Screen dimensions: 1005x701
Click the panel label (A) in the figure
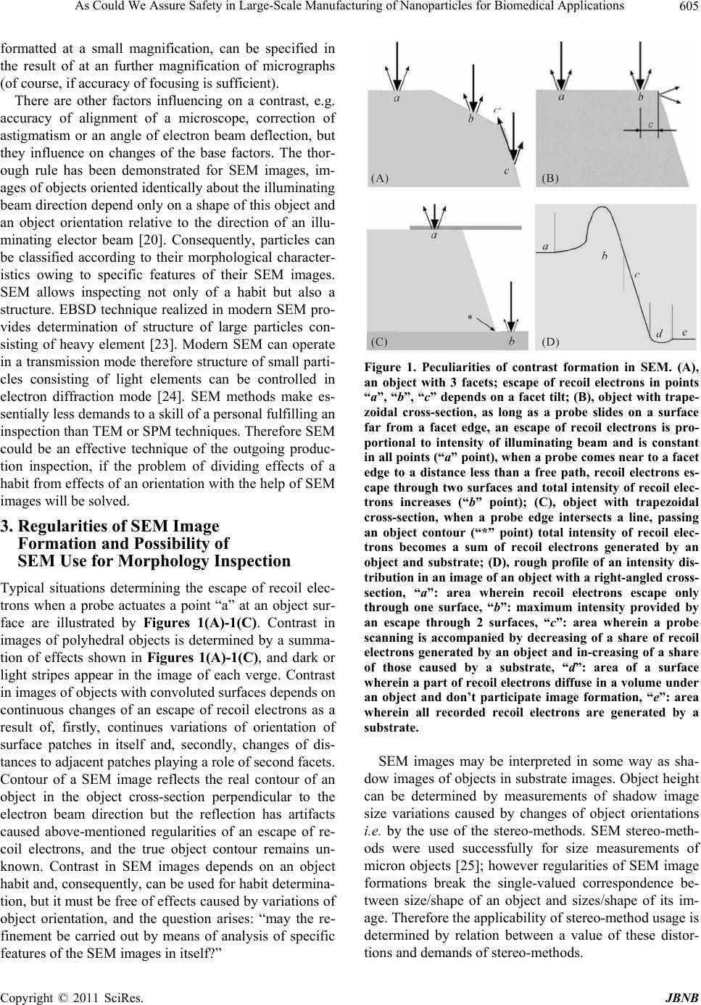[380, 175]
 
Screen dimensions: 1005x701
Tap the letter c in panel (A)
[507, 170]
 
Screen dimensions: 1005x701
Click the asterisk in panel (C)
[470, 318]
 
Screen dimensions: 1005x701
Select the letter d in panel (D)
[659, 334]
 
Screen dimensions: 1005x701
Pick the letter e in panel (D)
[684, 331]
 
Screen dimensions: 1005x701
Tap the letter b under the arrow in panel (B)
[641, 96]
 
